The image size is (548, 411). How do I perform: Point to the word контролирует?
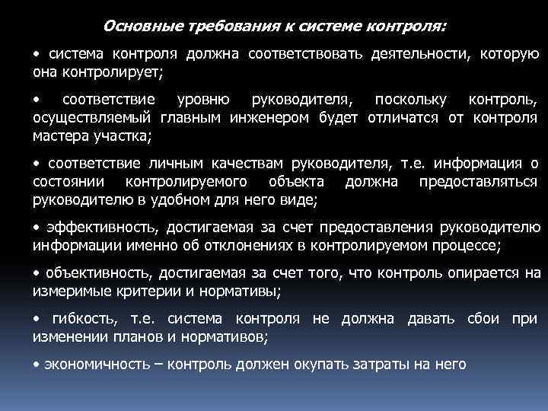click(115, 72)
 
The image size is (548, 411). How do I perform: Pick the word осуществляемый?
click(92, 118)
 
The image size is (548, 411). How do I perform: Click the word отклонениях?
click(243, 244)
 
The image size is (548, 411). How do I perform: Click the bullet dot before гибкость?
click(37, 317)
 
